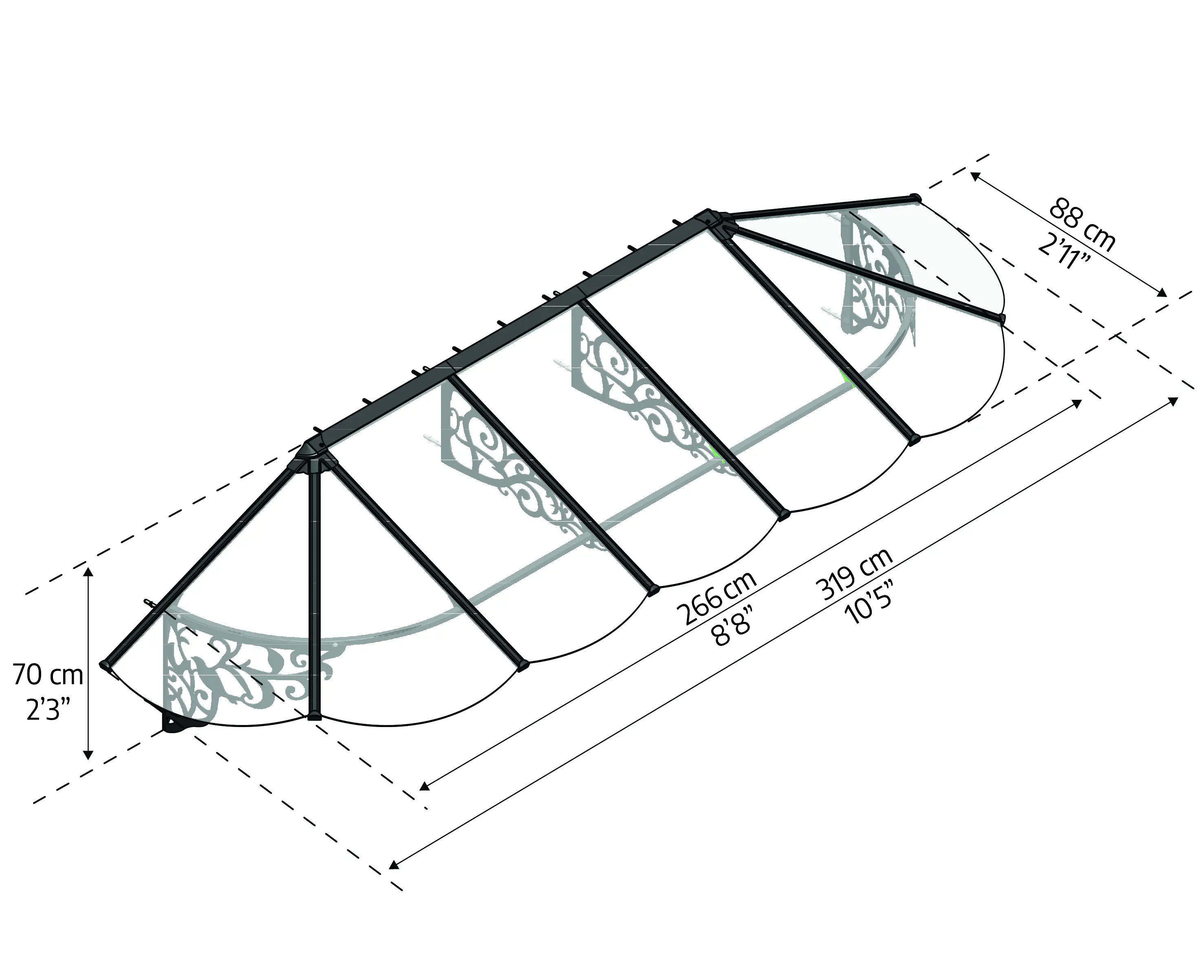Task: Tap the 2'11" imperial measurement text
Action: tap(1064, 251)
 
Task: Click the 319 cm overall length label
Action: tap(854, 573)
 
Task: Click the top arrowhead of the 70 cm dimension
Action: tap(88, 572)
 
